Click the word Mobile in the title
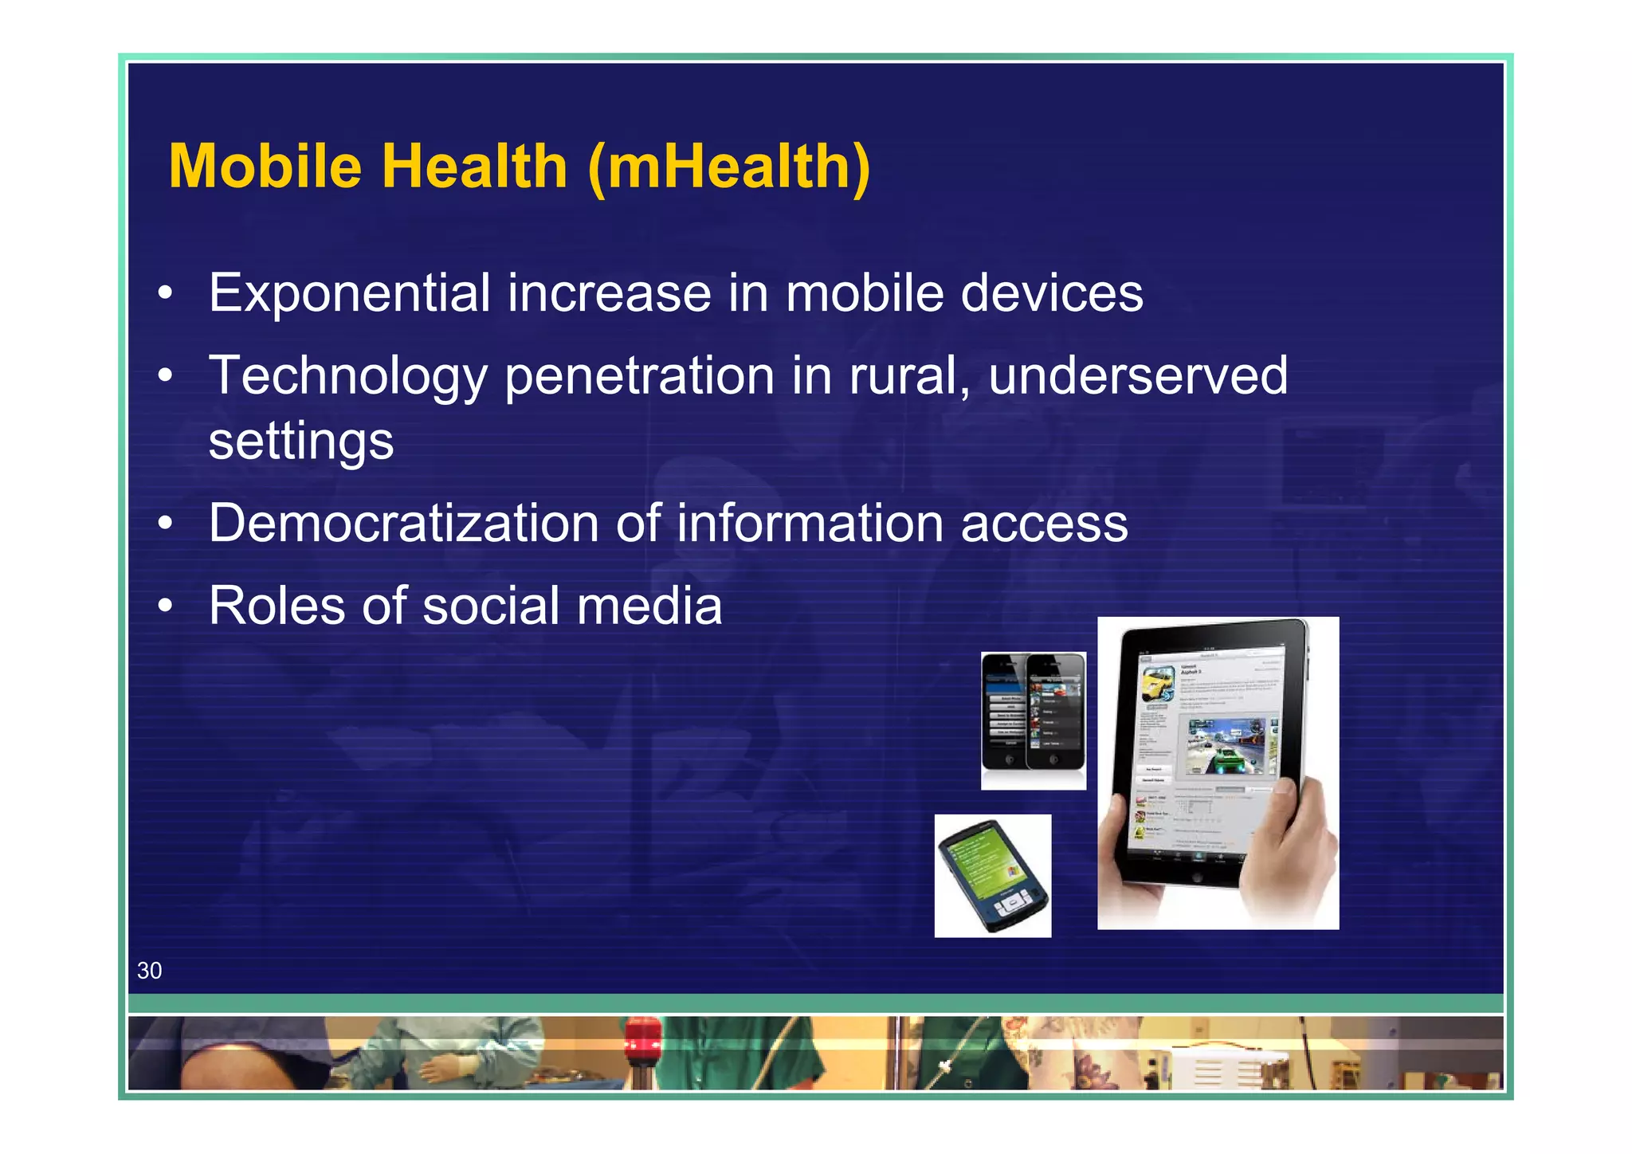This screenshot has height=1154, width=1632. (265, 167)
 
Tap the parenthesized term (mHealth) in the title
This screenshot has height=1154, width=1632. (728, 167)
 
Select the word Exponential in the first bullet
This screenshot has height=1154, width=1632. (349, 292)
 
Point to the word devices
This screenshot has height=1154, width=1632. (1052, 292)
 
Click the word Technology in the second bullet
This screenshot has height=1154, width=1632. (347, 376)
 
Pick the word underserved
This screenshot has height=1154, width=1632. (1137, 375)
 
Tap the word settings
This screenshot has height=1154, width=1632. (301, 442)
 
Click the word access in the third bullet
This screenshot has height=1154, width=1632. (1044, 524)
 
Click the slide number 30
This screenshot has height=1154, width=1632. (149, 971)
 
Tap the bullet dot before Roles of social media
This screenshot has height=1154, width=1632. (165, 606)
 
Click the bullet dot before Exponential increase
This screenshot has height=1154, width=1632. (165, 293)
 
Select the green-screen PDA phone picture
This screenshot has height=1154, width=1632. (993, 876)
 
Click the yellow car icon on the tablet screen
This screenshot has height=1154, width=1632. (1156, 685)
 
